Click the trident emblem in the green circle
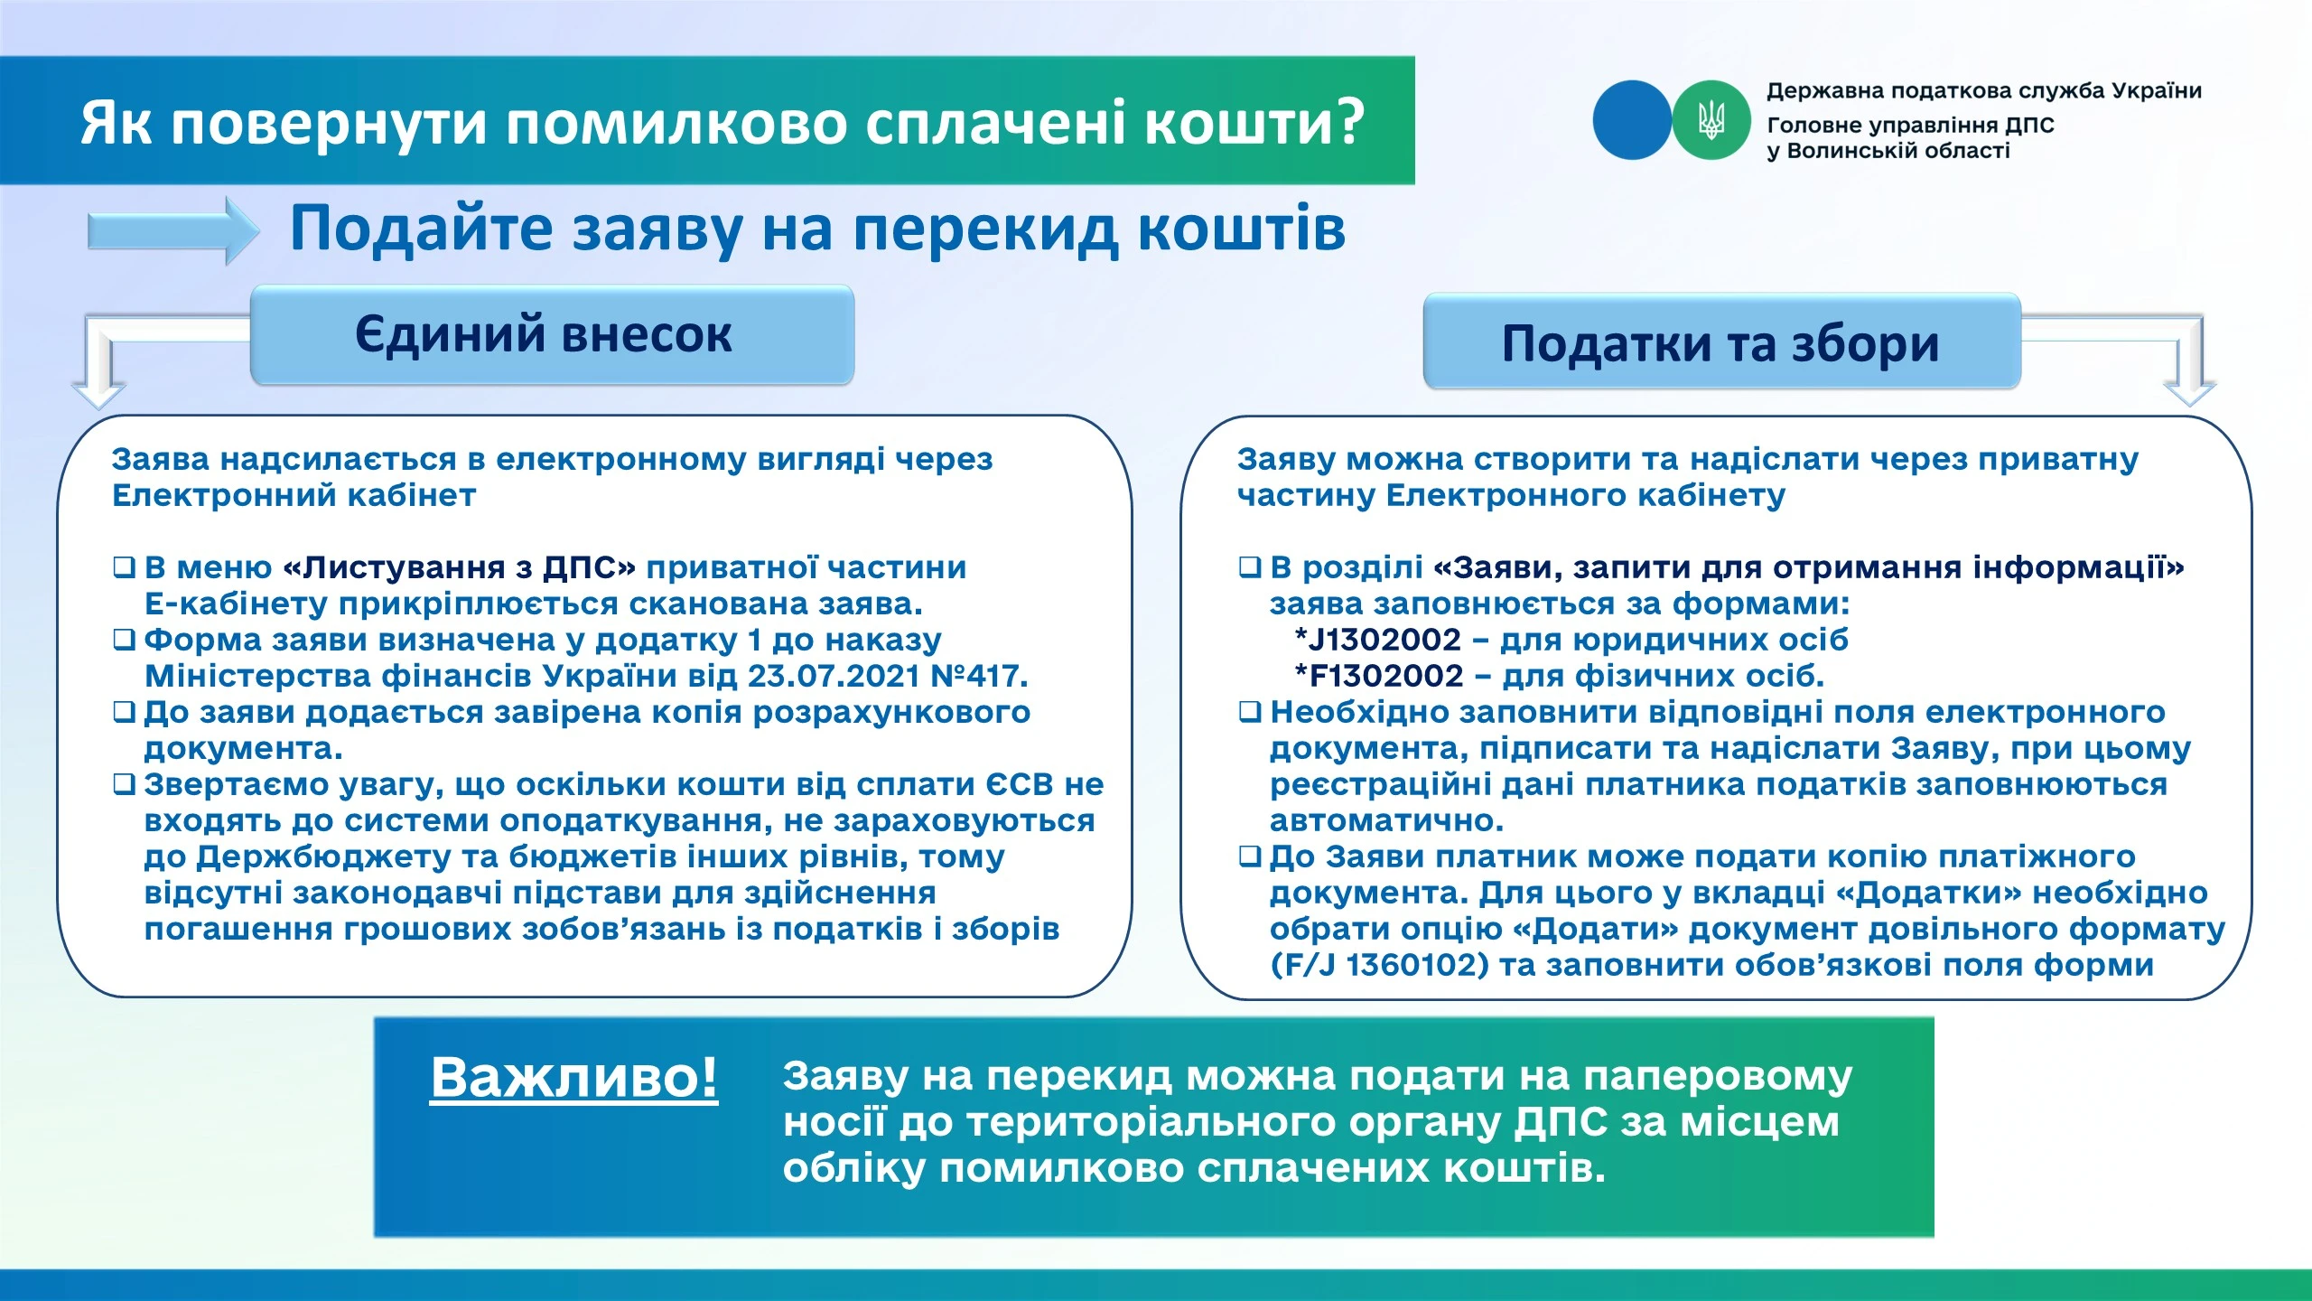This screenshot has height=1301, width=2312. click(x=1711, y=120)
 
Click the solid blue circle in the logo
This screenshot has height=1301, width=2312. click(x=1631, y=120)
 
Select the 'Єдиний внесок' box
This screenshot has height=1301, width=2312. click(x=552, y=335)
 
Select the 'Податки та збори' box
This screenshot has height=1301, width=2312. click(x=1721, y=343)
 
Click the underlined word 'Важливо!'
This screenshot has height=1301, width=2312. click(x=573, y=1077)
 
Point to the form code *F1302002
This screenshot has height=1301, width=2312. click(x=1378, y=676)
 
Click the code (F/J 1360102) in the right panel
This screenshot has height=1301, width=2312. click(x=1378, y=965)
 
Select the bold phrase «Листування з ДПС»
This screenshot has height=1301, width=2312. click(x=460, y=567)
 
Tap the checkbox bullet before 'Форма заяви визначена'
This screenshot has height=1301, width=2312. click(x=124, y=640)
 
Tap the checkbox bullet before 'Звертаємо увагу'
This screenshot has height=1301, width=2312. click(x=124, y=784)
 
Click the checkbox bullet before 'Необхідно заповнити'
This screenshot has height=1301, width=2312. click(x=1249, y=712)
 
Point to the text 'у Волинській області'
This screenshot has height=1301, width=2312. click(x=1888, y=151)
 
